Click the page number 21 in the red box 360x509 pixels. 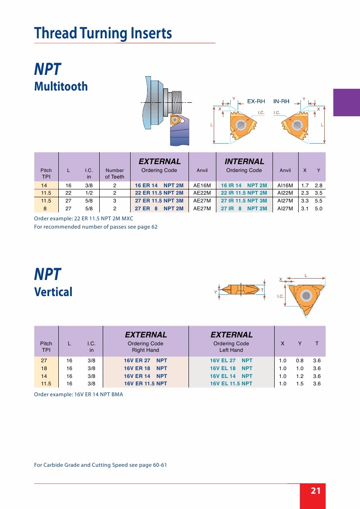click(316, 491)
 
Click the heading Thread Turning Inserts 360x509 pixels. click(103, 34)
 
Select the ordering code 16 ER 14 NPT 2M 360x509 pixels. click(159, 185)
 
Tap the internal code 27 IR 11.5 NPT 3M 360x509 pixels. click(244, 201)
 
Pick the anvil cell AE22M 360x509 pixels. click(202, 193)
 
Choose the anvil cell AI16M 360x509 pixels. click(285, 185)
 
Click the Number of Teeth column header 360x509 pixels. click(114, 173)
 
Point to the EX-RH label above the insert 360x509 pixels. click(256, 101)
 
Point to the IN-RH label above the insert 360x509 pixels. click(281, 101)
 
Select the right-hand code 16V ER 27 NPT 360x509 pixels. click(145, 361)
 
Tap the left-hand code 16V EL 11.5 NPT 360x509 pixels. click(231, 384)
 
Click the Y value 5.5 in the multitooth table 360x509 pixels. click(318, 201)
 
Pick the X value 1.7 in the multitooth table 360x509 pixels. click(305, 185)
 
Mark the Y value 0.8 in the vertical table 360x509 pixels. click(299, 361)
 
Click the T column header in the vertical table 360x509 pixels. click(317, 344)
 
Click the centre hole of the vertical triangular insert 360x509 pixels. click(306, 297)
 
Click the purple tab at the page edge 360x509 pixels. click(347, 102)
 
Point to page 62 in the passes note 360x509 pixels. click(154, 227)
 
